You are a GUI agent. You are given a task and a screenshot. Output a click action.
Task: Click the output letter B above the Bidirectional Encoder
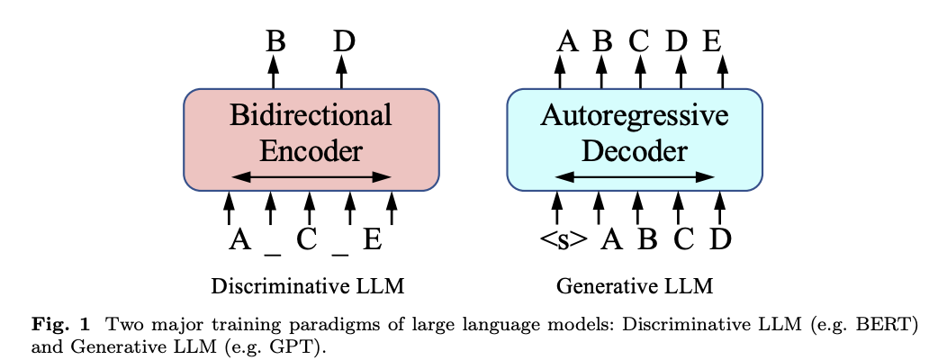(x=275, y=41)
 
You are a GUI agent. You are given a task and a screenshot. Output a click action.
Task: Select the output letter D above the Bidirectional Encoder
(x=343, y=41)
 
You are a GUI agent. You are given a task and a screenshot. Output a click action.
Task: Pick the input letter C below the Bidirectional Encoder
(x=307, y=239)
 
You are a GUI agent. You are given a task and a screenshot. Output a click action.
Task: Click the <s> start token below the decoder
(x=564, y=239)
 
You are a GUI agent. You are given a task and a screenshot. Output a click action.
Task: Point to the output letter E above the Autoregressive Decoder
(x=712, y=41)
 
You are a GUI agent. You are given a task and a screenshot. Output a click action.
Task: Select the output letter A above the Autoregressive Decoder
(x=567, y=41)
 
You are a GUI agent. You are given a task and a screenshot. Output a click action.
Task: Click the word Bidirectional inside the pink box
(x=311, y=115)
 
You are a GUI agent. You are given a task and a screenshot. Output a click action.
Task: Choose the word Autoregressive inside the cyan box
(x=634, y=115)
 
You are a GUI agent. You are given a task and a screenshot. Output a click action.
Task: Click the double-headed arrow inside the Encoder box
(x=311, y=177)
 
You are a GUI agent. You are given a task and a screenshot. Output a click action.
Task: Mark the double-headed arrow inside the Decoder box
(x=635, y=177)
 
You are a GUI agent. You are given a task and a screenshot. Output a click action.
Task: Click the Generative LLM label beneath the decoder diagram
(x=635, y=287)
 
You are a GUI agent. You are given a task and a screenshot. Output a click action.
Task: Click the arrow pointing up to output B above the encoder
(x=275, y=72)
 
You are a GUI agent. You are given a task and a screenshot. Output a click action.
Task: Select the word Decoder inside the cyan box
(x=634, y=150)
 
